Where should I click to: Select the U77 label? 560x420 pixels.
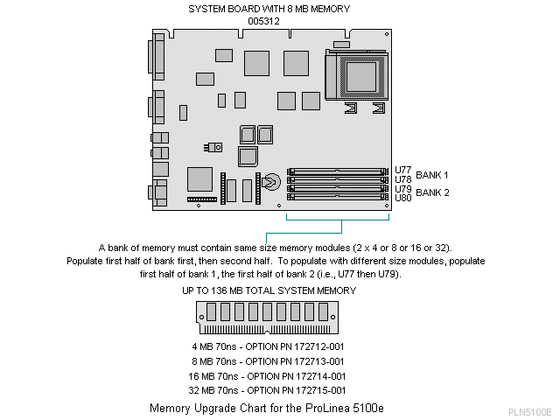point(402,170)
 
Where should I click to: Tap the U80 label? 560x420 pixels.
point(402,198)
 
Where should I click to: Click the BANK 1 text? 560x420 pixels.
point(432,174)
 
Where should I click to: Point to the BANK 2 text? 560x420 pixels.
point(432,192)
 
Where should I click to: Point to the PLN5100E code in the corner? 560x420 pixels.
point(528,411)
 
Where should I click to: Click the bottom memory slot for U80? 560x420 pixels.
point(338,195)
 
